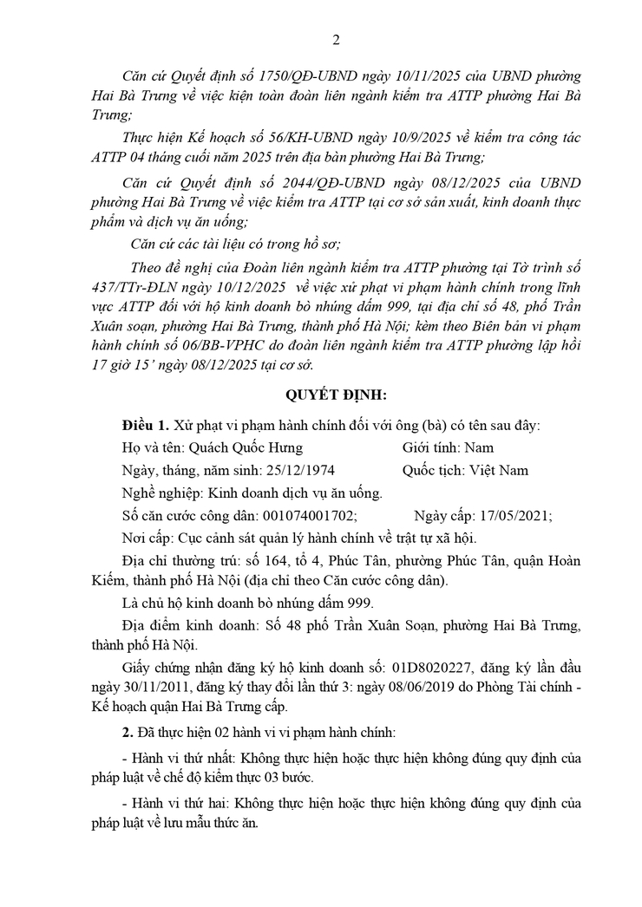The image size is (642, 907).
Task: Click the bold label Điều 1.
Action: (x=146, y=426)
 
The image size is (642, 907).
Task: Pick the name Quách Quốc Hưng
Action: (x=248, y=448)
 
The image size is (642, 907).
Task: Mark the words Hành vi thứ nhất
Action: (x=180, y=758)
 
